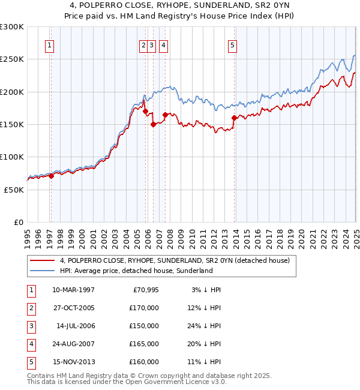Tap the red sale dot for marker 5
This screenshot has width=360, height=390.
[233, 118]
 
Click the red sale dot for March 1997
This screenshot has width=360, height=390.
[52, 176]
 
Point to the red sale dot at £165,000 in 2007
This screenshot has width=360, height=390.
[164, 115]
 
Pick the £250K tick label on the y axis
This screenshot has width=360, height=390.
[12, 59]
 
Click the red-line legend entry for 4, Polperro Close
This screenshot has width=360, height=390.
[175, 260]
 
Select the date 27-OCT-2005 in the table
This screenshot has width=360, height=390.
[74, 308]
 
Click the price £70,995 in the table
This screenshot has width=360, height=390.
[144, 290]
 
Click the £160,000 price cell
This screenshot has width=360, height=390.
[144, 362]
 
